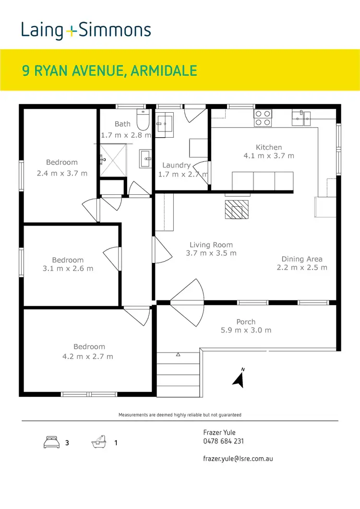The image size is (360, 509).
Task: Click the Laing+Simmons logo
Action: pos(86,30)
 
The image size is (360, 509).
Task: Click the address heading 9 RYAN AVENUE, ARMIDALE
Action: pos(110,71)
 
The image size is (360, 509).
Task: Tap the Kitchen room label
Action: pos(269,147)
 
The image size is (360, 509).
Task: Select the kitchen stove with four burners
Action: pos(263,118)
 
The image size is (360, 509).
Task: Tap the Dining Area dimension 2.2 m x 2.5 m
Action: pos(302,268)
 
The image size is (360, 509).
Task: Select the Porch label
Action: pos(246,322)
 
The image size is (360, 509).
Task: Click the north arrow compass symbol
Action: pos(239,378)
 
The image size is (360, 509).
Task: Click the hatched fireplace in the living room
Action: pos(237,209)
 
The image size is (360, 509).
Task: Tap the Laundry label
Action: pos(176,165)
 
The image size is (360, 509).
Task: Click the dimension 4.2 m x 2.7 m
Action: pos(89,356)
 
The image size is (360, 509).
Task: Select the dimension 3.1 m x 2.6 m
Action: pos(68,269)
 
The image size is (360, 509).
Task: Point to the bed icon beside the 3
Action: pos(51,442)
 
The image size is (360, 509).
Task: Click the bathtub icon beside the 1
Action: pos(98,442)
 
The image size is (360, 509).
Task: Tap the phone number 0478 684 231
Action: pos(223,441)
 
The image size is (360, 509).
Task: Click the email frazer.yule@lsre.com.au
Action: pos(238,459)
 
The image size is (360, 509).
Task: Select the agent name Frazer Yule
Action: pos(219,433)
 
